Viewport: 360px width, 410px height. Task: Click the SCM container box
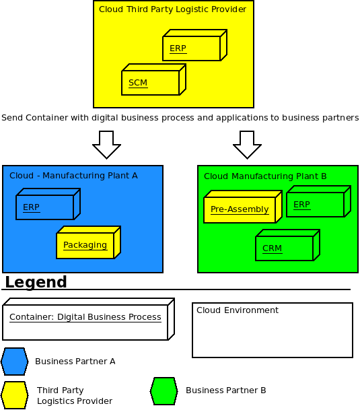[x=153, y=79]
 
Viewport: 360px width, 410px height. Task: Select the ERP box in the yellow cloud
[x=194, y=45]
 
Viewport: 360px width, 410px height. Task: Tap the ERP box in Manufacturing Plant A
[x=48, y=204]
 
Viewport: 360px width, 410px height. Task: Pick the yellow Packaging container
[x=89, y=242]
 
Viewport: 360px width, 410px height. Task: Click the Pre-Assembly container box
[x=243, y=207]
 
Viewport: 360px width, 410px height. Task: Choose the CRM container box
[x=287, y=245]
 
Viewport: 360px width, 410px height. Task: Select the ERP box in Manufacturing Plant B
[x=319, y=201]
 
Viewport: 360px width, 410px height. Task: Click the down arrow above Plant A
[x=107, y=145]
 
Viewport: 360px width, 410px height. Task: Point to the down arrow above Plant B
[x=247, y=145]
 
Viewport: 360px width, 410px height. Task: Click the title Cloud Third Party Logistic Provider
[x=172, y=9]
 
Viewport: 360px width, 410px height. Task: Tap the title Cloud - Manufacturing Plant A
[x=73, y=176]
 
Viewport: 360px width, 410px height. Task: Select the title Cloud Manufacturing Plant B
[x=265, y=176]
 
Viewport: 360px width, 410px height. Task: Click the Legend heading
[x=36, y=282]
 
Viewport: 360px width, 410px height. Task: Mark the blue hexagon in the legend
[x=14, y=362]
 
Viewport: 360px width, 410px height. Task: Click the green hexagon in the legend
[x=164, y=391]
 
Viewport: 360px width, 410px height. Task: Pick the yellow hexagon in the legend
[x=14, y=395]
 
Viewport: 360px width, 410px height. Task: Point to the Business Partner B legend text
[x=226, y=390]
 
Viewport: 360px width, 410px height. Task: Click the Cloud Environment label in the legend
[x=238, y=310]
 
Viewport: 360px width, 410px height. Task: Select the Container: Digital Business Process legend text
[x=85, y=317]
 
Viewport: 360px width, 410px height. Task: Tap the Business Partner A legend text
[x=75, y=362]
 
